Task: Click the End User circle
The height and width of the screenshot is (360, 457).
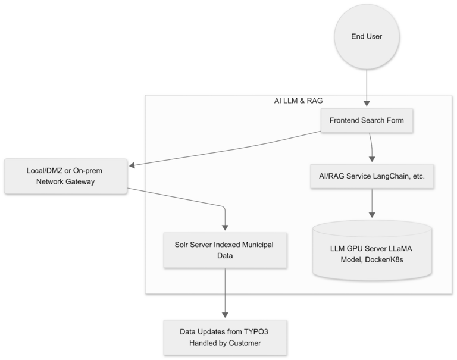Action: click(366, 37)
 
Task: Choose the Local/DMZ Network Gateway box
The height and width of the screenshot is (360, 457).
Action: click(65, 176)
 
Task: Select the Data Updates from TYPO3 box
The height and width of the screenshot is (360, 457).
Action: click(225, 337)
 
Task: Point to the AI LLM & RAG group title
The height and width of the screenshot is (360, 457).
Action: click(298, 101)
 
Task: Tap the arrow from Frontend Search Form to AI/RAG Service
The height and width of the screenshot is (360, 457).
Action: click(371, 148)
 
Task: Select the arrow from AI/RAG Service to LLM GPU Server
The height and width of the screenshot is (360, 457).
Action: click(371, 205)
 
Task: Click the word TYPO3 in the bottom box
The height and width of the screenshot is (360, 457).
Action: click(257, 332)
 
